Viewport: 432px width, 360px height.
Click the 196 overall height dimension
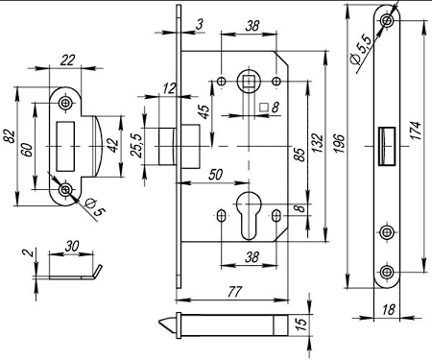tap(339, 143)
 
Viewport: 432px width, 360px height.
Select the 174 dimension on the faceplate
tap(416, 131)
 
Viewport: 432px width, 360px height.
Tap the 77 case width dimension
tap(234, 292)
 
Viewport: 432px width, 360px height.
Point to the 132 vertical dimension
tap(317, 143)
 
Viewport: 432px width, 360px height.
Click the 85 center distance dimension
tap(299, 155)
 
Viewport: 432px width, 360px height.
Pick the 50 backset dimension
tap(215, 175)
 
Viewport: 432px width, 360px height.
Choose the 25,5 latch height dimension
tap(136, 146)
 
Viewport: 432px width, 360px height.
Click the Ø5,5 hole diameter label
tap(361, 49)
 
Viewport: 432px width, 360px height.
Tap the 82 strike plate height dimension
tap(9, 136)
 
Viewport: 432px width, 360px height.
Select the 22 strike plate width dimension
tap(67, 60)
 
